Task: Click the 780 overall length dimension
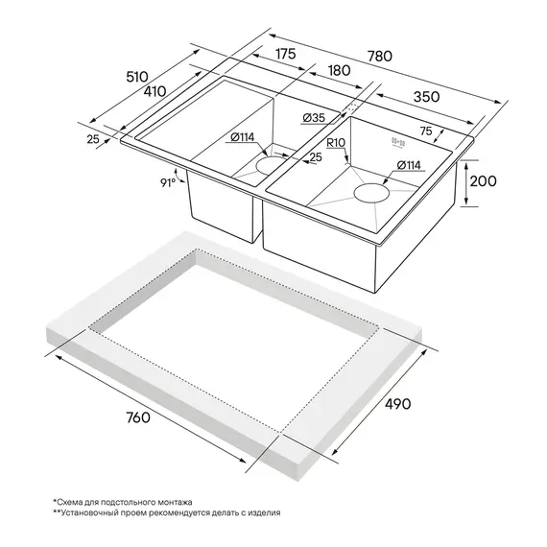pos(380,57)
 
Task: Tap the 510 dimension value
pos(137,77)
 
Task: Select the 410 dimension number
pos(155,91)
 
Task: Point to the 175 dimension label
pos(286,54)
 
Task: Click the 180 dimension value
pos(340,70)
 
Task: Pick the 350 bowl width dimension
pos(426,97)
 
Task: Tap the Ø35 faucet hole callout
pos(314,118)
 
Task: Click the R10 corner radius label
pos(336,143)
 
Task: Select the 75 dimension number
pos(426,131)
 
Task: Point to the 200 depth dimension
pos(483,181)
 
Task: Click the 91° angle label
pos(168,182)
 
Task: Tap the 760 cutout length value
pos(138,417)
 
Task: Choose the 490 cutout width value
pos(397,404)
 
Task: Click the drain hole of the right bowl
pos(371,193)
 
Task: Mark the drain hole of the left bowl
pos(271,165)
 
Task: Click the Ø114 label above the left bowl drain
pos(243,137)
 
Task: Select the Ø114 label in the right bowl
pos(409,165)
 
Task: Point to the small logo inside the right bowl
pos(398,143)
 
